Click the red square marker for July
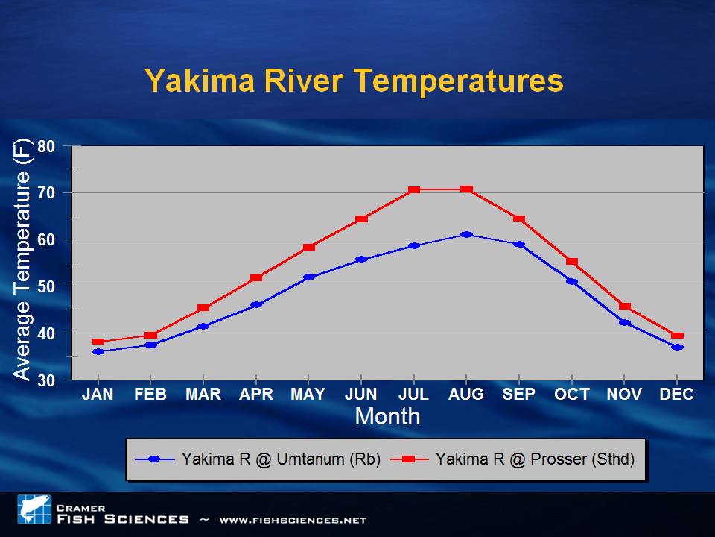[x=414, y=189]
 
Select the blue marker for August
[x=466, y=234]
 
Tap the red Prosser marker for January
[x=98, y=342]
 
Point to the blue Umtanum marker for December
[x=677, y=347]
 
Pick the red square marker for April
[x=256, y=277]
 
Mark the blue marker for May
[x=308, y=277]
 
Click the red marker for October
[x=572, y=261]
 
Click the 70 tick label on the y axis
[x=46, y=192]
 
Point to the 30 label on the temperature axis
[x=46, y=380]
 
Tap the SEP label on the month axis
[x=518, y=394]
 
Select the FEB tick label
[x=150, y=394]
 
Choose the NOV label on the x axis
[x=624, y=394]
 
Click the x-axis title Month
[x=387, y=416]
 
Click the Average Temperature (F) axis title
[x=22, y=259]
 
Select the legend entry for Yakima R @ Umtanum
[x=258, y=459]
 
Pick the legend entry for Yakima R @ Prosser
[x=512, y=459]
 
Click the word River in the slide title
[x=303, y=81]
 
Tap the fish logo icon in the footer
[x=34, y=509]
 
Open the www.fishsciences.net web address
[x=293, y=520]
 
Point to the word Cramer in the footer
[x=80, y=508]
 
